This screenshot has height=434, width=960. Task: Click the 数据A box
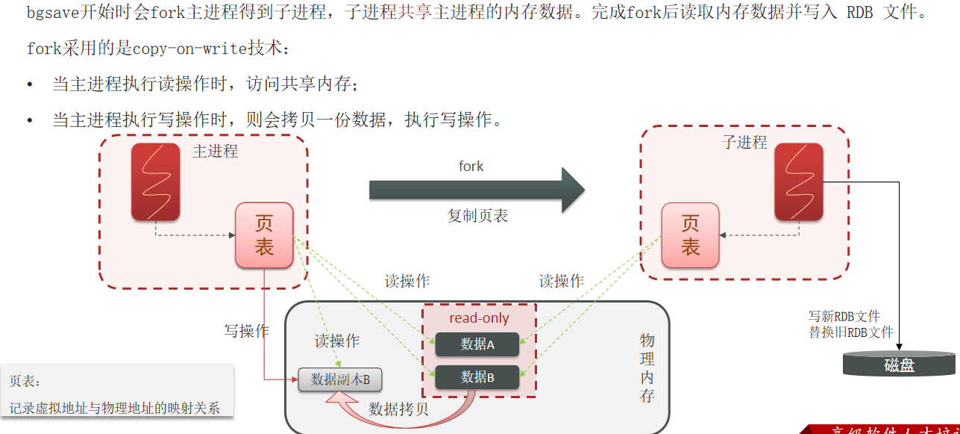(477, 344)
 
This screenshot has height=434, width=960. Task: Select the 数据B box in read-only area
(477, 377)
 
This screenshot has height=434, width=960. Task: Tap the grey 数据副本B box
(340, 379)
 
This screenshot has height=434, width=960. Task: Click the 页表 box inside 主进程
(264, 235)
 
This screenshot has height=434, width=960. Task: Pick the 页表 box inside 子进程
(690, 235)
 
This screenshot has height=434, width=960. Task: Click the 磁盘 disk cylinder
(899, 365)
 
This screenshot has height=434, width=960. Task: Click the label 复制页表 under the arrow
(477, 216)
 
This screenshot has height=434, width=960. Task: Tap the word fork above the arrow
(471, 166)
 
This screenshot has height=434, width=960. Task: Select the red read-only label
(479, 318)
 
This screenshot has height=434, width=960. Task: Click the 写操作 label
(247, 330)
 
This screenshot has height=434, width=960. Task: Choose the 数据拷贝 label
(398, 409)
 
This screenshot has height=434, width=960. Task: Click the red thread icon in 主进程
(156, 182)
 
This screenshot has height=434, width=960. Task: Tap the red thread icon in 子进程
(798, 182)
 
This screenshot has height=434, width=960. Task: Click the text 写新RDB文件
(844, 317)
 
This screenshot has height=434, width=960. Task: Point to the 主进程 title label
(215, 151)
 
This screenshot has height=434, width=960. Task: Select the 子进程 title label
(744, 143)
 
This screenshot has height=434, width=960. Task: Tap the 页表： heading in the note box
(25, 381)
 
